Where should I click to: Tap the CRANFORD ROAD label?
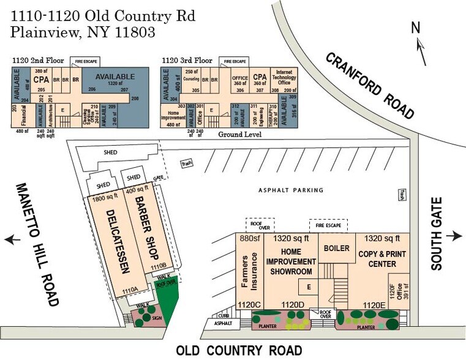click(x=369, y=85)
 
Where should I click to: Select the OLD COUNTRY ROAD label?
click(x=239, y=351)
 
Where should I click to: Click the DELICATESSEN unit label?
click(x=116, y=244)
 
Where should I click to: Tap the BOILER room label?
click(x=336, y=249)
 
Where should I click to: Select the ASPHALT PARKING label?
click(x=291, y=190)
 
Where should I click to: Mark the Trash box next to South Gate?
click(x=402, y=193)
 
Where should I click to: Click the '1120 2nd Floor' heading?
click(x=39, y=61)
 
